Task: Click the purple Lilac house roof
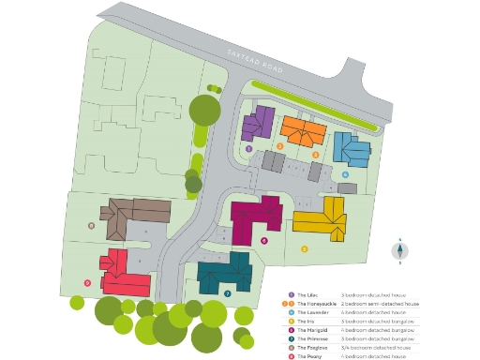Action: coord(258,125)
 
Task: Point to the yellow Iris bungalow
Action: coord(322,218)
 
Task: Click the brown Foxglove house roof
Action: coord(135,217)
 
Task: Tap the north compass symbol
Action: coord(400,250)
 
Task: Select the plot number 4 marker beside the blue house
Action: coord(345,174)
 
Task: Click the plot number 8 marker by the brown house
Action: coord(91,226)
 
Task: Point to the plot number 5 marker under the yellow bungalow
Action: coord(304,248)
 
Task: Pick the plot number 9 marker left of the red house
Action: coord(87,282)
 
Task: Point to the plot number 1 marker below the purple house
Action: coord(248,149)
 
